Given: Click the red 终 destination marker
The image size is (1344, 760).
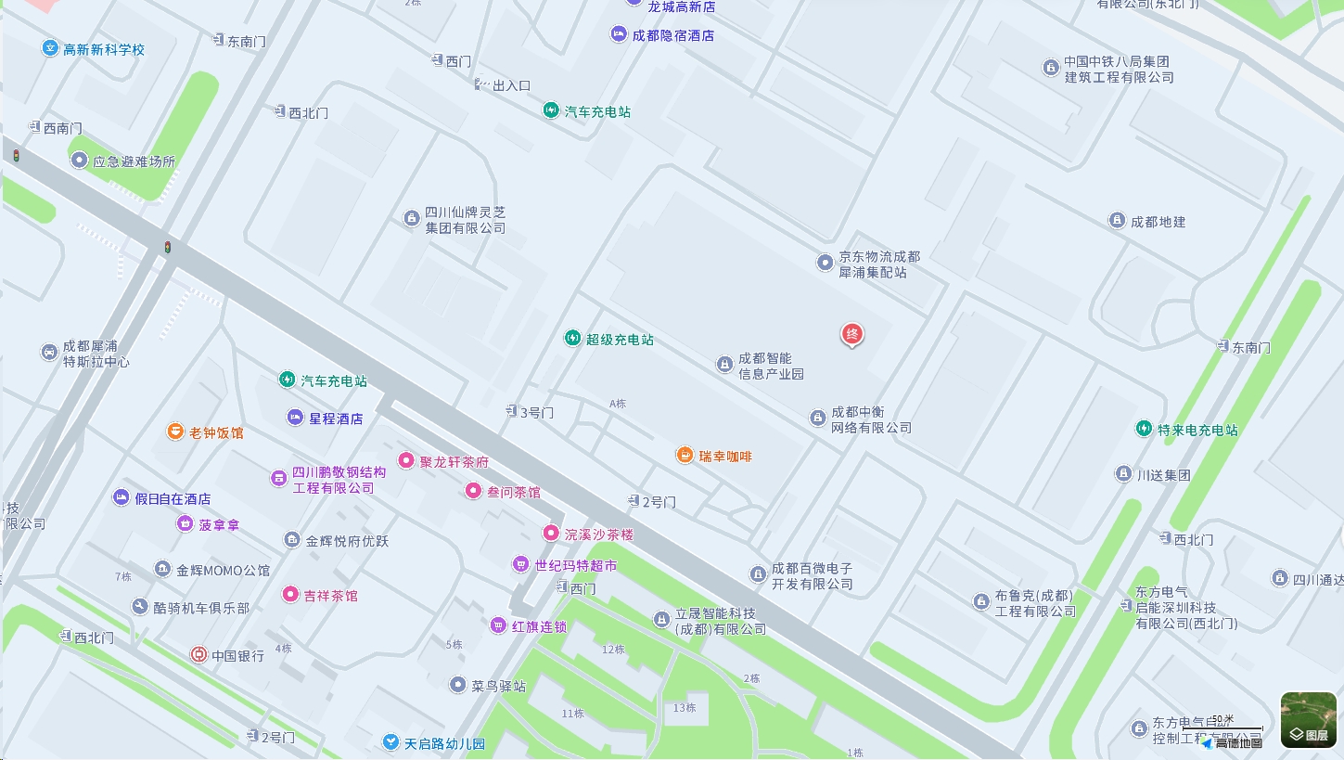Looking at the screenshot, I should tap(851, 334).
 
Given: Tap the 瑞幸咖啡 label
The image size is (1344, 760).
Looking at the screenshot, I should tap(725, 457).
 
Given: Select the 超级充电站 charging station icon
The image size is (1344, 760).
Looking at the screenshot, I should tap(573, 339).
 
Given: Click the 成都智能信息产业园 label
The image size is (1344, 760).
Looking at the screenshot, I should tap(771, 367).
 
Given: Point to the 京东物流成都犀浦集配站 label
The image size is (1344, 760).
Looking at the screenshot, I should tap(879, 264).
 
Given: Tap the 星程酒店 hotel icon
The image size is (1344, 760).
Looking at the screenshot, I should tap(295, 418).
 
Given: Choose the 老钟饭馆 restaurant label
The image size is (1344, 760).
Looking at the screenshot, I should tap(216, 432).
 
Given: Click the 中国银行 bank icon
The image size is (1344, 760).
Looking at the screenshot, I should tap(198, 655).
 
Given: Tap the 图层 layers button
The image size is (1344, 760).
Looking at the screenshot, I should tap(1309, 720).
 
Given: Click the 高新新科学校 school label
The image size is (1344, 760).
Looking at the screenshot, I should tap(104, 49).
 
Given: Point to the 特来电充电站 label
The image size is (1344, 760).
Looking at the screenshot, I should tap(1197, 430).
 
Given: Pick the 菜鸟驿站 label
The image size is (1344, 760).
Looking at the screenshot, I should tap(498, 687).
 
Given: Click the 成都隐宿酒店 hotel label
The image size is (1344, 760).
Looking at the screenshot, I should tap(673, 35).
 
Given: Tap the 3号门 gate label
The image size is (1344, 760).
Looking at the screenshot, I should tap(536, 412).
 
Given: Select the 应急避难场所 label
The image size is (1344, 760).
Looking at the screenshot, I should tap(134, 161).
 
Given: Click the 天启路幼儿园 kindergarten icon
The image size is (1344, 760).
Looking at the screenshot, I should tap(391, 742).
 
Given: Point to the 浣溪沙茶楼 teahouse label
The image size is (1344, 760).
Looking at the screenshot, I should tap(599, 535).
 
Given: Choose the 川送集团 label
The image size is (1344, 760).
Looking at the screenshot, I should tap(1163, 475).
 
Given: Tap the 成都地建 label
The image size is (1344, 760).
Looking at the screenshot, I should tap(1158, 222).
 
